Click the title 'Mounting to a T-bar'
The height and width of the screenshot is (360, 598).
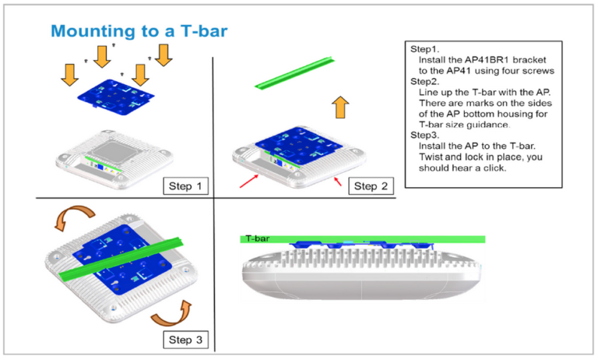point(139,30)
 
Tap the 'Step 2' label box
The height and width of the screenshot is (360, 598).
point(371,185)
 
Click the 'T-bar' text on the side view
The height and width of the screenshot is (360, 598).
point(257,238)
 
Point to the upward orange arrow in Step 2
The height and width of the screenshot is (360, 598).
point(340,107)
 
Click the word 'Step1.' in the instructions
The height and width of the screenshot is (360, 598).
point(424,48)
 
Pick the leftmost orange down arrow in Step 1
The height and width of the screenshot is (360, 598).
point(69,75)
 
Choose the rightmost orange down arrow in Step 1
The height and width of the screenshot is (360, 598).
point(163,55)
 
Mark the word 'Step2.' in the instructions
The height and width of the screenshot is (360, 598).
point(424,80)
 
